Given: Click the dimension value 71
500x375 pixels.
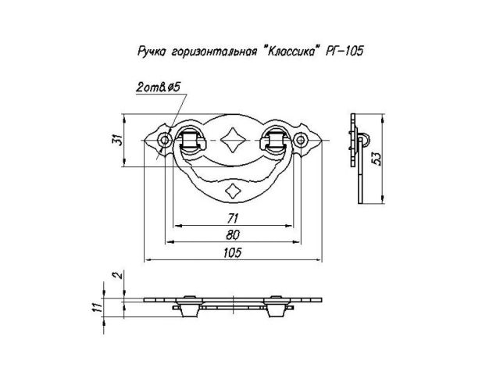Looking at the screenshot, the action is (233, 219).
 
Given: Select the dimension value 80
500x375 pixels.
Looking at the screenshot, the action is (233, 235).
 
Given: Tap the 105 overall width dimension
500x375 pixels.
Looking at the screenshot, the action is (233, 252).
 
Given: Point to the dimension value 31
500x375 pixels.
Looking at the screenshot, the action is (118, 140).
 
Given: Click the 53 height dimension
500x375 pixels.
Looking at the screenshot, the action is (377, 159).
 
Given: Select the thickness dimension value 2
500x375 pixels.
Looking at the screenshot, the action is (118, 275).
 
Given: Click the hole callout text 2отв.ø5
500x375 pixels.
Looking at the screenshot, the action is (158, 87).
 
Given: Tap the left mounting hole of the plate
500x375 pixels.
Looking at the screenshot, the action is (165, 140).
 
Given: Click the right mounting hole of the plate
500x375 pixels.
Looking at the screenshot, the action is (300, 140).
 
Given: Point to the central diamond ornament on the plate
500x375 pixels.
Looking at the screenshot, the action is (233, 140).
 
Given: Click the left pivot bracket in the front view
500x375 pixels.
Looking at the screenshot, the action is (190, 141).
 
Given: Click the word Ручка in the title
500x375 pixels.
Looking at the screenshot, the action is (152, 52).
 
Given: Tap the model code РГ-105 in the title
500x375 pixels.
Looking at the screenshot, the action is (344, 51).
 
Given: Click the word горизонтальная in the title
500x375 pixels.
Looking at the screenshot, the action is (214, 52).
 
